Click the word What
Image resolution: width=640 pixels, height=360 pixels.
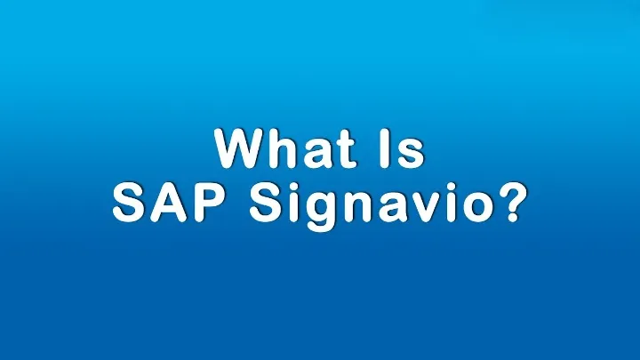pyautogui.click(x=284, y=149)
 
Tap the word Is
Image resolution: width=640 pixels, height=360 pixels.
pyautogui.click(x=402, y=149)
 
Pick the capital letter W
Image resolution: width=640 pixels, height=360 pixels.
pyautogui.click(x=241, y=149)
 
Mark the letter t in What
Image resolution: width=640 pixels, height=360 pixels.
pyautogui.click(x=346, y=150)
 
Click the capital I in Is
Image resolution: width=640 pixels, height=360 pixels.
pyautogui.click(x=385, y=149)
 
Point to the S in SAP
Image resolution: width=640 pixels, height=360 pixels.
pyautogui.click(x=130, y=203)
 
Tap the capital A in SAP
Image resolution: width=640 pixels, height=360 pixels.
pyautogui.click(x=168, y=203)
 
